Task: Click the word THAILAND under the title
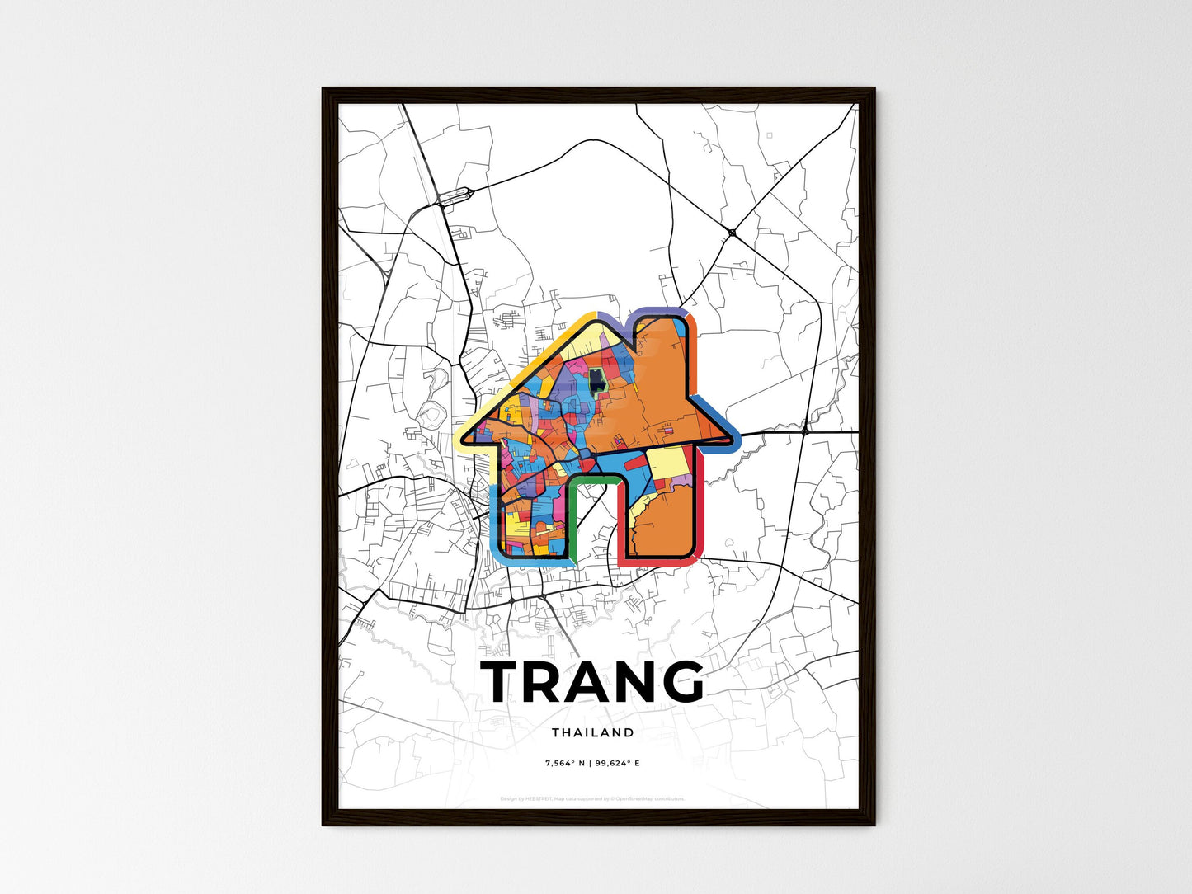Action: (x=593, y=732)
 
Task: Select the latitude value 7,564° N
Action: (x=564, y=763)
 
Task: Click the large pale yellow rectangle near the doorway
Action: (x=668, y=463)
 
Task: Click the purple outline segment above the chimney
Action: (x=660, y=311)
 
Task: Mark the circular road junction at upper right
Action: (x=732, y=233)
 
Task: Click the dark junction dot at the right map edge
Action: (x=805, y=431)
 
